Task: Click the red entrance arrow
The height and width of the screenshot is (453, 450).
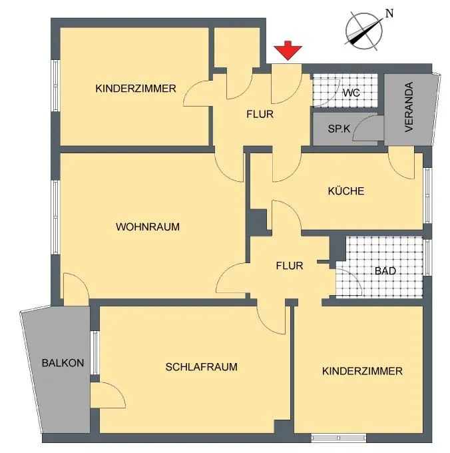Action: pyautogui.click(x=288, y=51)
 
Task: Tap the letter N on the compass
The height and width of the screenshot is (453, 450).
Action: pyautogui.click(x=389, y=13)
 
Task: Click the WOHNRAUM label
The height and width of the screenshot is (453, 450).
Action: pyautogui.click(x=148, y=226)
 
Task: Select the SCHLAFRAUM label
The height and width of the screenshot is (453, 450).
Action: pyautogui.click(x=202, y=367)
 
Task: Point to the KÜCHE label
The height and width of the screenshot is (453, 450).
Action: pyautogui.click(x=345, y=191)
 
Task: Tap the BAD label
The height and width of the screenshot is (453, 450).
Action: pyautogui.click(x=385, y=271)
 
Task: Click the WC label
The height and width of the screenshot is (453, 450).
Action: pyautogui.click(x=351, y=93)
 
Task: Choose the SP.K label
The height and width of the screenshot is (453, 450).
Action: pyautogui.click(x=339, y=129)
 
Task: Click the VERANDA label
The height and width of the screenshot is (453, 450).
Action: pyautogui.click(x=409, y=107)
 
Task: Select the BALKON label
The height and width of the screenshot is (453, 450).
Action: pyautogui.click(x=63, y=363)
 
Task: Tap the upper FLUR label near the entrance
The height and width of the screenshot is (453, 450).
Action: pyautogui.click(x=260, y=114)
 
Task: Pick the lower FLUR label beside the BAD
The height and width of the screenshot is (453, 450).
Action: pyautogui.click(x=290, y=266)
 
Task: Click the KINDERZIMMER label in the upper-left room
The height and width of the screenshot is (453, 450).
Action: pyautogui.click(x=136, y=89)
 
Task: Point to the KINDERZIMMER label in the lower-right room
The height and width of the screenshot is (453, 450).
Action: pyautogui.click(x=362, y=371)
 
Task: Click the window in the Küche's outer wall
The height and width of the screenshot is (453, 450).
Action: pyautogui.click(x=427, y=195)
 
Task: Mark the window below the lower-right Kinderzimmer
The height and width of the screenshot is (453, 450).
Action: pyautogui.click(x=339, y=438)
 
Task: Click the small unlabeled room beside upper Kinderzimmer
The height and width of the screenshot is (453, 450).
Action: pyautogui.click(x=237, y=48)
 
